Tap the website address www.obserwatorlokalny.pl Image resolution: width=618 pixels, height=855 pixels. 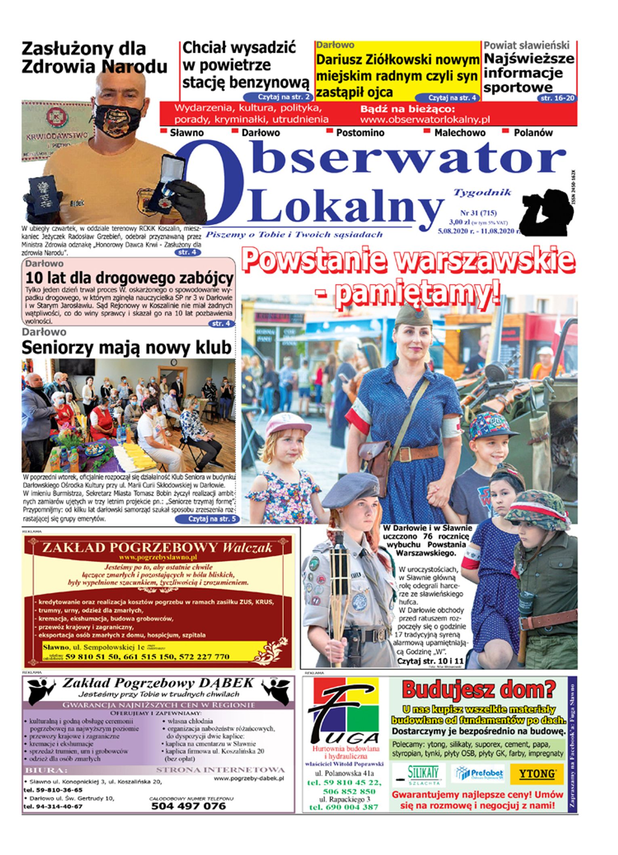425,119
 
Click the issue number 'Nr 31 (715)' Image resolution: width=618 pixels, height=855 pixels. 478,213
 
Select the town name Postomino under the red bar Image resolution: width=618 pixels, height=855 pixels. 360,132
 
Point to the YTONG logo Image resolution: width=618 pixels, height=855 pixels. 536,774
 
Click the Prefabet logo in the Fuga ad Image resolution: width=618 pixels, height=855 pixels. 479,774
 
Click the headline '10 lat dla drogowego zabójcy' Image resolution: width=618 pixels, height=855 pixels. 129,278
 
